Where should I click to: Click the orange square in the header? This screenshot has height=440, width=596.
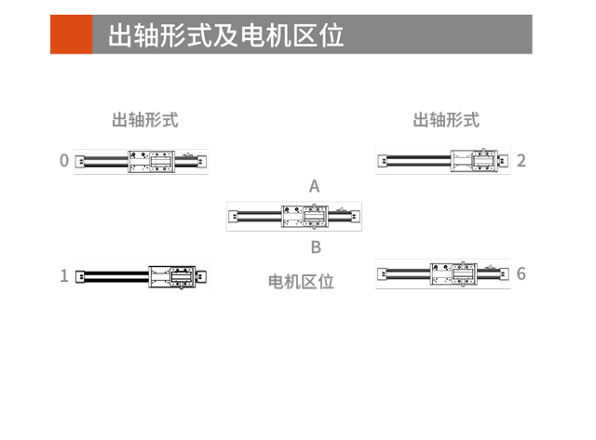tap(72, 34)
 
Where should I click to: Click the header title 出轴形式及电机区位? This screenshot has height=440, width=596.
tap(226, 35)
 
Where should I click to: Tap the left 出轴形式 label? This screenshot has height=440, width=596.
tap(145, 120)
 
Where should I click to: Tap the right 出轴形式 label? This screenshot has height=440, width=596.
tap(446, 120)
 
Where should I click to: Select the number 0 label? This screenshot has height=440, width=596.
tap(64, 161)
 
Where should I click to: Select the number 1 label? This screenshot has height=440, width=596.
tap(64, 275)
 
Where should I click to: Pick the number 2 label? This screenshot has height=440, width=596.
tap(521, 161)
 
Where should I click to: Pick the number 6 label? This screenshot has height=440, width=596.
tap(521, 273)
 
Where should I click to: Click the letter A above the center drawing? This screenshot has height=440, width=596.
tap(315, 186)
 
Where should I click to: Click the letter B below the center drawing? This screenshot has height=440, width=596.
tap(316, 247)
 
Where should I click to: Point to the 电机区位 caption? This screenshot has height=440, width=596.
tap(301, 282)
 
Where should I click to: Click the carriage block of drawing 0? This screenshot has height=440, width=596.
tap(151, 162)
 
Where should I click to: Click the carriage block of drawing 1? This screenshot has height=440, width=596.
tap(171, 277)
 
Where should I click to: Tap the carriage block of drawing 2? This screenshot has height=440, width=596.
tap(474, 161)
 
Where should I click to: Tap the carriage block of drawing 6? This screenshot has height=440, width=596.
tap(454, 273)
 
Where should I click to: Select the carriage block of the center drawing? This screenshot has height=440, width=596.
tap(305, 217)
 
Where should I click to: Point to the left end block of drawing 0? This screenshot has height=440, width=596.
tap(80, 162)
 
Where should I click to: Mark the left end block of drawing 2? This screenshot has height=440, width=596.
tap(383, 161)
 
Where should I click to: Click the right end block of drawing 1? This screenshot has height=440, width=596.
tap(201, 276)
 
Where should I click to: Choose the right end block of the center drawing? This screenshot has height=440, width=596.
tap(355, 217)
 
